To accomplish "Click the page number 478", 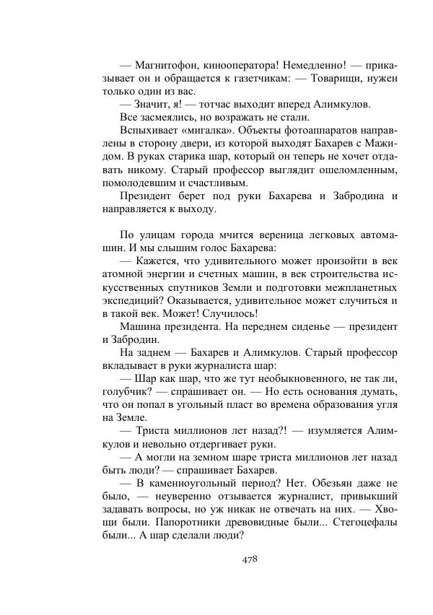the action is coord(247,558).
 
